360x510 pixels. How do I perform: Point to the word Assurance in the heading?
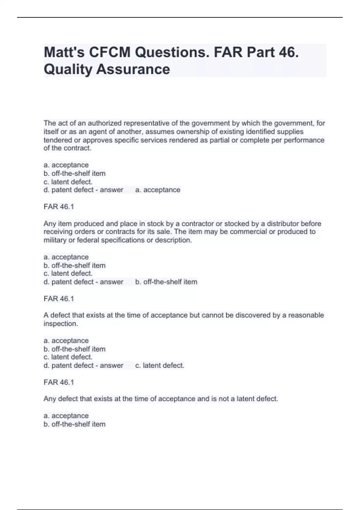(133, 69)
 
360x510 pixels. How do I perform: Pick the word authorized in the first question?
(105, 123)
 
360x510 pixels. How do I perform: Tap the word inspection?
(61, 324)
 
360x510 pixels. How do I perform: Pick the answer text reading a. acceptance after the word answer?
(158, 190)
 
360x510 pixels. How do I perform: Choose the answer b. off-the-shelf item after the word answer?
(166, 282)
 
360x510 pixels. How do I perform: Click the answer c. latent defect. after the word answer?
(160, 366)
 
